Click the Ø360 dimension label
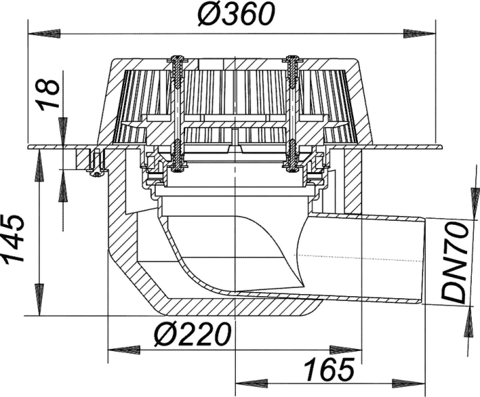point(236,14)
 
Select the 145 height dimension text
point(12,238)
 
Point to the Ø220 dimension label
point(192,334)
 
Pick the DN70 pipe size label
point(454,263)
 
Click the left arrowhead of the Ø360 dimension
point(44,33)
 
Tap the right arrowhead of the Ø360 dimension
point(420,33)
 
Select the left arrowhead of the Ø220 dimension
point(124,350)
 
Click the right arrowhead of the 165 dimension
point(409,383)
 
